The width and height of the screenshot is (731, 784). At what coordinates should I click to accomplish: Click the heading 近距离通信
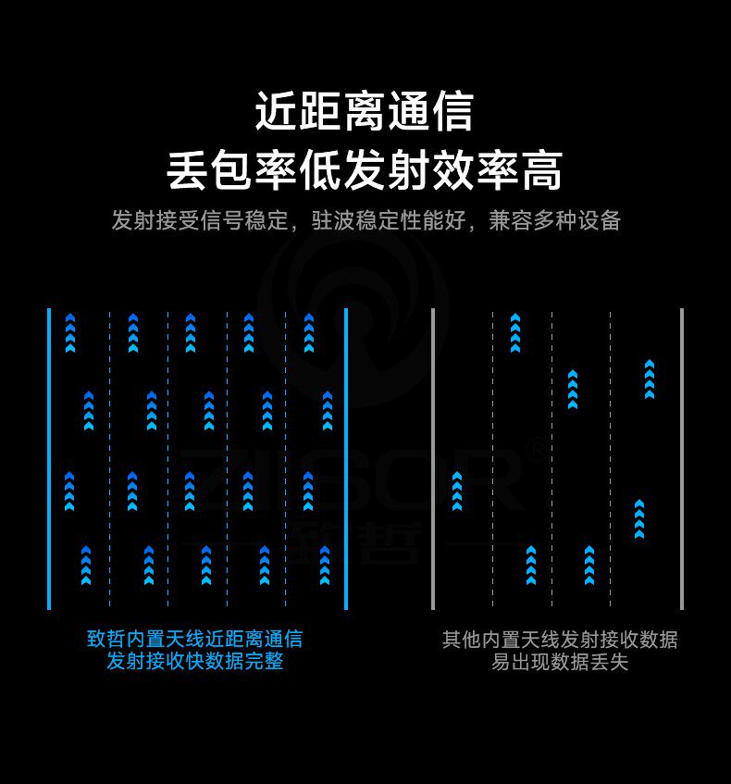click(x=365, y=112)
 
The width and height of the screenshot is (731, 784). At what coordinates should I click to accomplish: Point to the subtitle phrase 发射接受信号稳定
click(x=199, y=221)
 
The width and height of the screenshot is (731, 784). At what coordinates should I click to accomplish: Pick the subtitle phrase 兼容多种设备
click(x=554, y=221)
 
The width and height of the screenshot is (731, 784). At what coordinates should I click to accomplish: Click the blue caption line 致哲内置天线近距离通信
click(x=194, y=639)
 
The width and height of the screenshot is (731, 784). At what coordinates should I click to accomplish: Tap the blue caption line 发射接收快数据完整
click(x=194, y=662)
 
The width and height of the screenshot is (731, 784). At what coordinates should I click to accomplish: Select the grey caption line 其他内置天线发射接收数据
click(x=559, y=639)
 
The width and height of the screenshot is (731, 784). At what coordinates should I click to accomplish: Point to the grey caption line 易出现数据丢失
click(x=559, y=662)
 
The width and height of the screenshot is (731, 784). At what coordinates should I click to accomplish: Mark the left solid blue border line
click(x=49, y=458)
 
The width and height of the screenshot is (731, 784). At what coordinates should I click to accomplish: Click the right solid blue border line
click(x=346, y=458)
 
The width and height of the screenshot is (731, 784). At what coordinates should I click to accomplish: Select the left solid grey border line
click(x=433, y=458)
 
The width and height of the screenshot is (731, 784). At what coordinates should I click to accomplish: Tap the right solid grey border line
click(x=682, y=458)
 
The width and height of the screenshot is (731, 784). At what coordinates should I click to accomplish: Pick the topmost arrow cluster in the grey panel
click(x=515, y=333)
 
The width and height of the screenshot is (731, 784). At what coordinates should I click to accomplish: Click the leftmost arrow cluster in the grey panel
click(x=457, y=491)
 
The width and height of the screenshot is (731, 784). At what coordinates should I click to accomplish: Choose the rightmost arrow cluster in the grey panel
click(x=650, y=380)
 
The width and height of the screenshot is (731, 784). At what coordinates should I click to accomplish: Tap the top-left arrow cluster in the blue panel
click(x=70, y=333)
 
